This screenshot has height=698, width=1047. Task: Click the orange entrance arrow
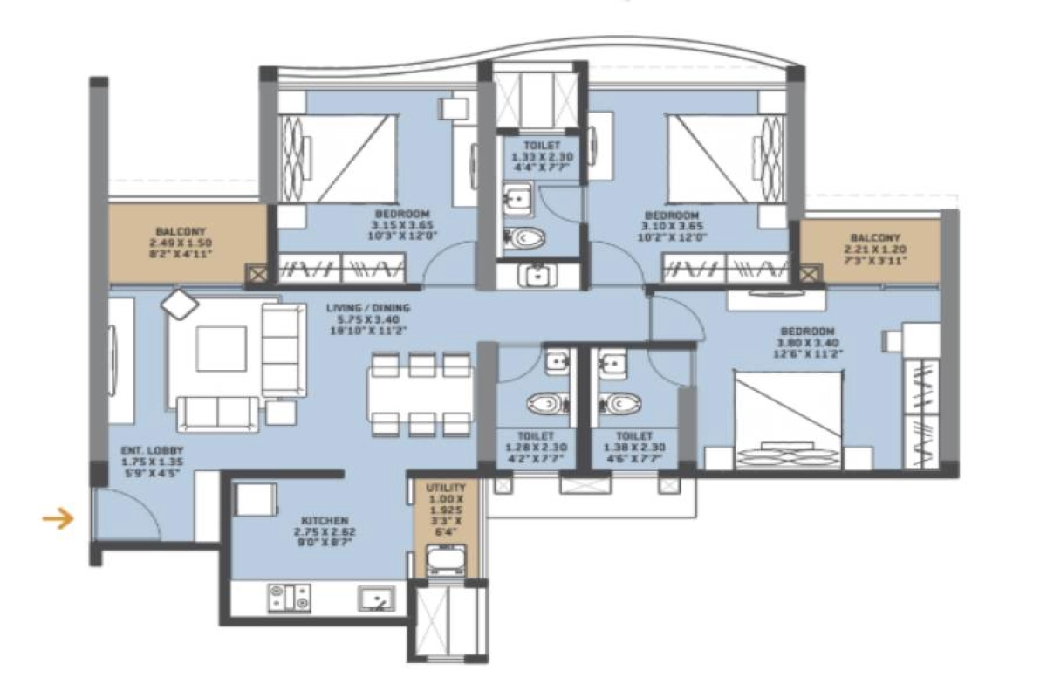click(58, 521)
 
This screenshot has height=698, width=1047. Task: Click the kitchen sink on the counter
click(376, 598)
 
